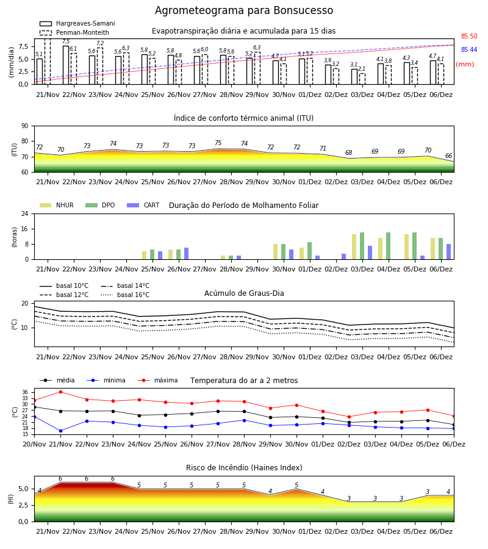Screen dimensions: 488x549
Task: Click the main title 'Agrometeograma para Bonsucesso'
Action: point(243,10)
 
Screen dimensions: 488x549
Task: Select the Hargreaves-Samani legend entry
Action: point(77,23)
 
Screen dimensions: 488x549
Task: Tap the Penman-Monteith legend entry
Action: point(74,32)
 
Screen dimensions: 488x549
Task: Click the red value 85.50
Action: point(469,36)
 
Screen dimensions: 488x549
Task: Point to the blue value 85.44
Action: point(469,50)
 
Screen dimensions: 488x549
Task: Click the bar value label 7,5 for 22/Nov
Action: point(66,41)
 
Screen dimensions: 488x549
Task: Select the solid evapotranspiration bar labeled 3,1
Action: point(354,77)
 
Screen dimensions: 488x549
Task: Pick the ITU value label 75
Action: point(218,143)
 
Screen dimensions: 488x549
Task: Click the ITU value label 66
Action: point(448,156)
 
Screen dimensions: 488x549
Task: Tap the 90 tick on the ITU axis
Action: point(25,126)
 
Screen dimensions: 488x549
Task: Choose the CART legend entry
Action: point(143,205)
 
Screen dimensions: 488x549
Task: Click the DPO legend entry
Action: point(100,205)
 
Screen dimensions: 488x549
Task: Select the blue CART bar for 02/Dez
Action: point(344,257)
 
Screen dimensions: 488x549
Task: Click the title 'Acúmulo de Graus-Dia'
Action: point(244,293)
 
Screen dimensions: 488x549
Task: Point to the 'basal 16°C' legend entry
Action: point(125,295)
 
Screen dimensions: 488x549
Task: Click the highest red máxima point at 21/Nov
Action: point(60,392)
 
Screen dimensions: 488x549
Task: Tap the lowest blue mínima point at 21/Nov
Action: point(60,431)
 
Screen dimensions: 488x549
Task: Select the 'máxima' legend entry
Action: point(157,380)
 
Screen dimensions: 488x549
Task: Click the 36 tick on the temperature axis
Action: point(25,392)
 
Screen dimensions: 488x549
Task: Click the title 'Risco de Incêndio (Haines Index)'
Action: point(244,467)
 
